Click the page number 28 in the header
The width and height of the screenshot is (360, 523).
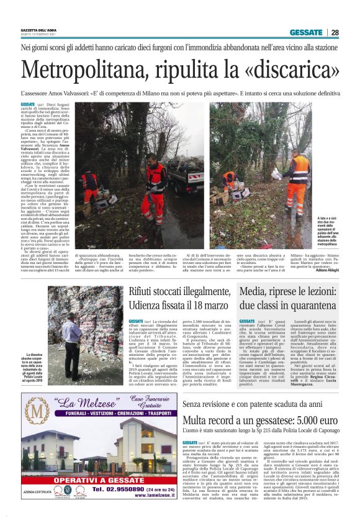tap(335, 32)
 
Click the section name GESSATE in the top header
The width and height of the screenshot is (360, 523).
tap(305, 32)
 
